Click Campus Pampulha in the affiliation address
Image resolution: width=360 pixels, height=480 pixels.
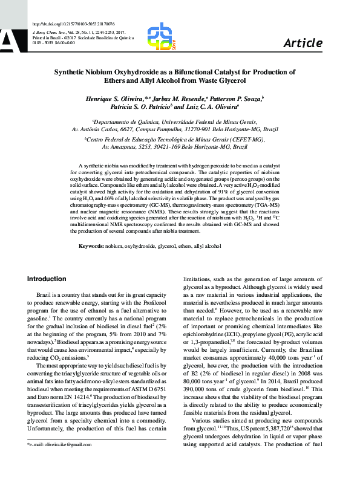tap(172, 129)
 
